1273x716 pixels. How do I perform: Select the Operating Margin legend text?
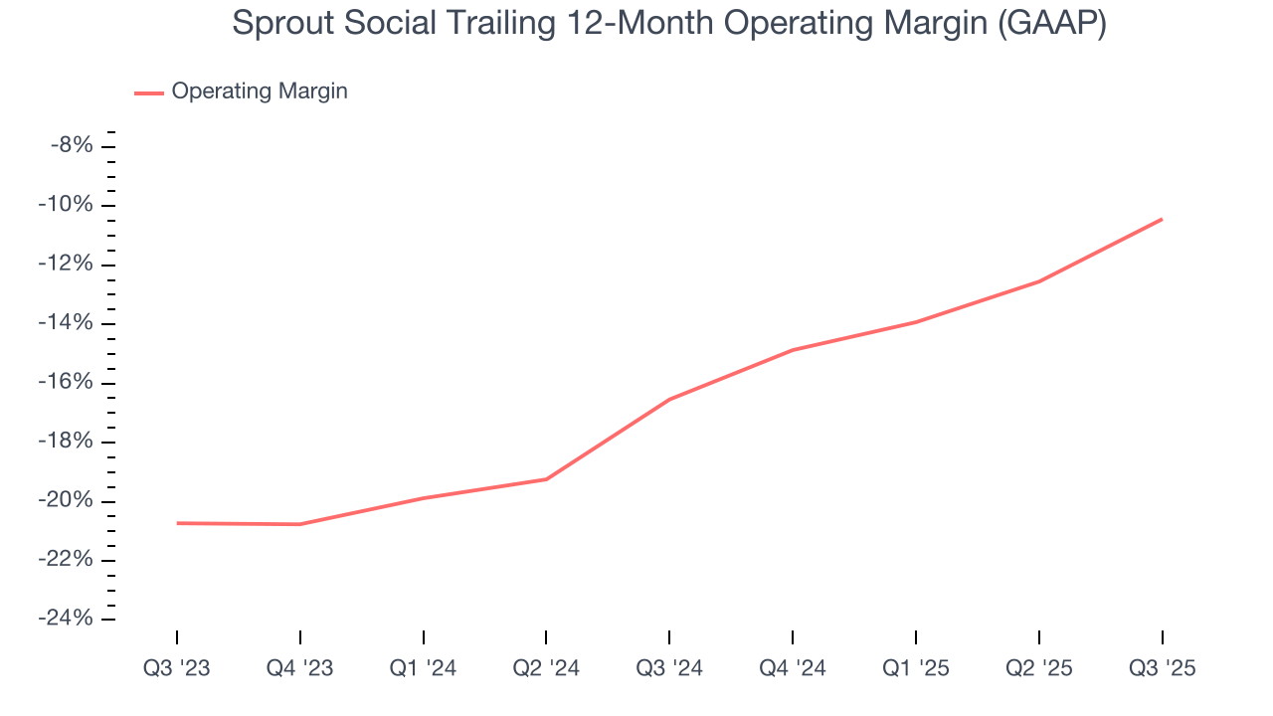coord(260,91)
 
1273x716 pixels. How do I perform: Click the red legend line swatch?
coord(149,92)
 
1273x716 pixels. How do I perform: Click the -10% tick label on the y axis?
coord(67,205)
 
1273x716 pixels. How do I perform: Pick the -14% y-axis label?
coord(67,323)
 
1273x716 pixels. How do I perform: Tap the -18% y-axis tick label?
coord(67,442)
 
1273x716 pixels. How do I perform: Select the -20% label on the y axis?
coord(67,500)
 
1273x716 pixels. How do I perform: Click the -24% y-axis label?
coord(67,619)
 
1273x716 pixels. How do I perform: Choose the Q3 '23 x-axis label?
coord(177,668)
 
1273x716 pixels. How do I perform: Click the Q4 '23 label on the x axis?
coord(300,668)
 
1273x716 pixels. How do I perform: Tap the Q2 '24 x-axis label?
coord(546,668)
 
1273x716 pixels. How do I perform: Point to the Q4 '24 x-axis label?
coord(793,668)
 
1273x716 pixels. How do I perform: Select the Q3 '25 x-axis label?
coord(1162,668)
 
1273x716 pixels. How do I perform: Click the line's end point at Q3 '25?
coord(1162,219)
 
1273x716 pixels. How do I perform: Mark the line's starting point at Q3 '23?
coord(177,523)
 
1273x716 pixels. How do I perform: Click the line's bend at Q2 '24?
coord(546,479)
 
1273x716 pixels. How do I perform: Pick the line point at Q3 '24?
coord(669,399)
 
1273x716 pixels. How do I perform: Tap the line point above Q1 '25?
coord(915,321)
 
